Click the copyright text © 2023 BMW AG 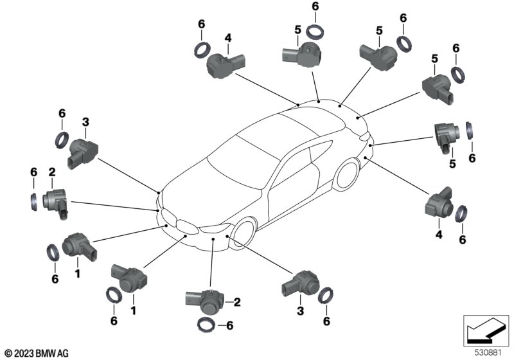coord(35,353)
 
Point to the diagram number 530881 coord(490,353)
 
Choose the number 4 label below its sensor coord(439,235)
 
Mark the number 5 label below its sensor coord(452,165)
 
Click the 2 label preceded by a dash coord(237,301)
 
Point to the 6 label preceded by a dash coord(228,325)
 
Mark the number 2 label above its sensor coord(52,171)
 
